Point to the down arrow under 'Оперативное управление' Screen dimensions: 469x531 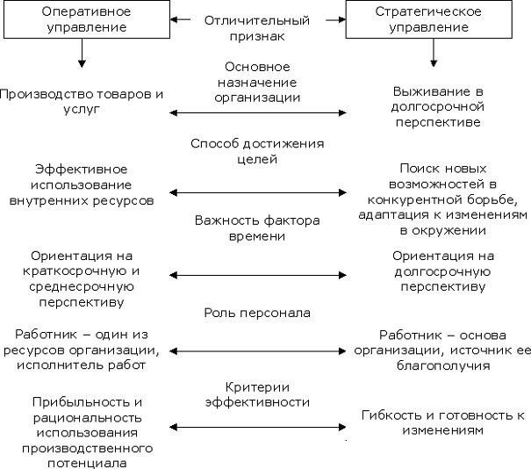(x=82, y=55)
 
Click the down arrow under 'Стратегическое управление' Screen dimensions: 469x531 (x=433, y=55)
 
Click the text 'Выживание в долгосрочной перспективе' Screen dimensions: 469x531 (x=437, y=106)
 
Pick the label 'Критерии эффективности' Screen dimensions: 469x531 (x=257, y=394)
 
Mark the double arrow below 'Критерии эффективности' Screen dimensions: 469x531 (x=257, y=428)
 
